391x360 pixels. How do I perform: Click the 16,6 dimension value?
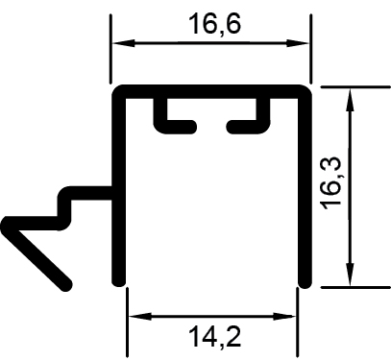point(214,24)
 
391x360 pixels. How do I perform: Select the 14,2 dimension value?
point(214,336)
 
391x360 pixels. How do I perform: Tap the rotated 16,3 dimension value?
point(332,182)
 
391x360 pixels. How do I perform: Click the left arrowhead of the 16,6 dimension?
point(123,43)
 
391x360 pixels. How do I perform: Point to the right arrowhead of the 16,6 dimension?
point(298,43)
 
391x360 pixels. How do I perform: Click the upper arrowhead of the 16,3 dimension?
point(350,99)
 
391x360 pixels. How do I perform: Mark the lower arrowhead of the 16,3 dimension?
point(350,275)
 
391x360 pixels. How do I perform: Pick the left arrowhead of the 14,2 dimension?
point(140,317)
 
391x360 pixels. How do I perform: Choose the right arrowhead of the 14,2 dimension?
point(284,317)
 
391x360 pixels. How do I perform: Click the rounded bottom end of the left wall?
point(118,281)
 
